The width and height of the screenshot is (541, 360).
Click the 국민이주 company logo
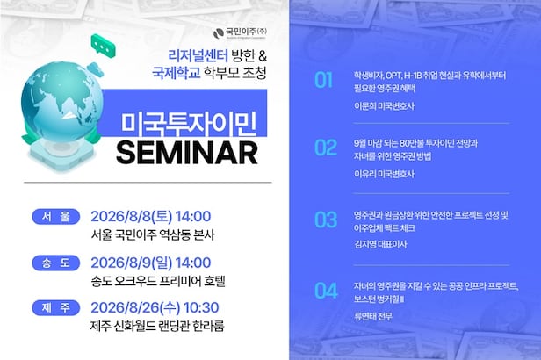pos(240,32)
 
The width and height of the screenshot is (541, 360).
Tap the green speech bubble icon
pos(103,47)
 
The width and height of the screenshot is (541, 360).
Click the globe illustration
pos(62,102)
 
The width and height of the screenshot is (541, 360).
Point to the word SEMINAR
pos(187,153)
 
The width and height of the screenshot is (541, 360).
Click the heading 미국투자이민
pos(189,123)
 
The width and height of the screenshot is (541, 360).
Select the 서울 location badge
pos(56,217)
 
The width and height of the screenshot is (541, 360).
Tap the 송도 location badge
pos(56,263)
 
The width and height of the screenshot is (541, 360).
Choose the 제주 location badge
pos(56,307)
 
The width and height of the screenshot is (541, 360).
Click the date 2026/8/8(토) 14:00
pos(151,217)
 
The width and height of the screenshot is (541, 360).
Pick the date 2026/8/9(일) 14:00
pos(151,263)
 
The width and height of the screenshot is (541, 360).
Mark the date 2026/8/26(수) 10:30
pos(155,307)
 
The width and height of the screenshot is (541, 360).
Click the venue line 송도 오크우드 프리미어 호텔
pos(158,281)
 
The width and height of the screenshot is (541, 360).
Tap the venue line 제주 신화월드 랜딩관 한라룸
pos(157,326)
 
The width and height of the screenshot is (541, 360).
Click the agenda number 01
pos(323,80)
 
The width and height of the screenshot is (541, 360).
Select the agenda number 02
pos(326,148)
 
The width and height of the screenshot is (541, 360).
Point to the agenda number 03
pos(326,220)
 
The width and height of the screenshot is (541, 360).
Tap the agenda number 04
pos(326,291)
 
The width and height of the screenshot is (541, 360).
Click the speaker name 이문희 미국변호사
pos(385,106)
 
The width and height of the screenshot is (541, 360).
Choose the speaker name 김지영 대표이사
pos(380,244)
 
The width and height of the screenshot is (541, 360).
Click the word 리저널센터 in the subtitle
pos(198,55)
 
